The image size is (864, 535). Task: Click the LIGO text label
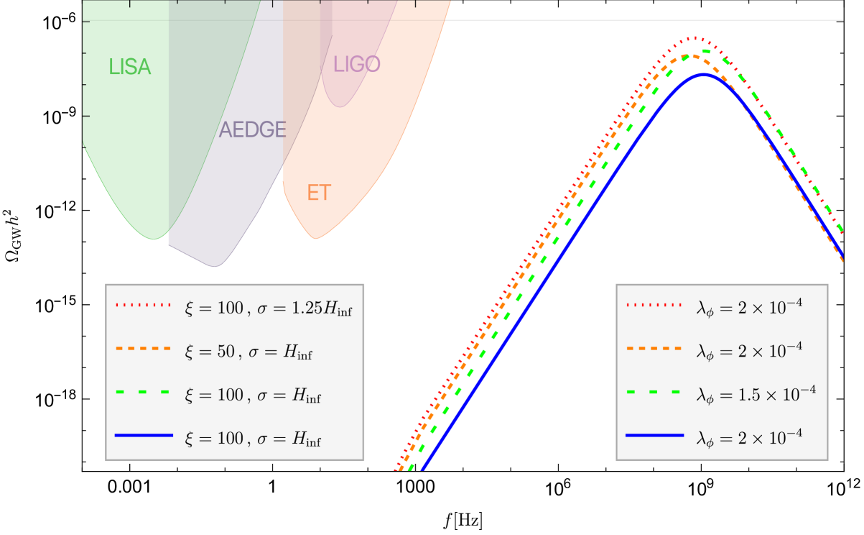(356, 65)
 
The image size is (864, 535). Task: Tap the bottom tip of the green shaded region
(154, 239)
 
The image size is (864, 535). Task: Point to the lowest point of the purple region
(214, 267)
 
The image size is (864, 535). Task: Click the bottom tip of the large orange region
(315, 239)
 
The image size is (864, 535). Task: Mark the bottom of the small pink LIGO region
(340, 108)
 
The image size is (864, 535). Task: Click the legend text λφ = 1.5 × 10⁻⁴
(756, 393)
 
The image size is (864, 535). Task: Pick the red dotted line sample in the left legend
(144, 306)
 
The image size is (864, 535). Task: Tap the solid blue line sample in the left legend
(144, 436)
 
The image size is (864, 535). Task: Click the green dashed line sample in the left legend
(144, 393)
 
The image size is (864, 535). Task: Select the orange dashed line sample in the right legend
(654, 349)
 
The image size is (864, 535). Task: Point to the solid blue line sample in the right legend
(654, 436)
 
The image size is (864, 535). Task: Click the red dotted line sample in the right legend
(654, 306)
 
